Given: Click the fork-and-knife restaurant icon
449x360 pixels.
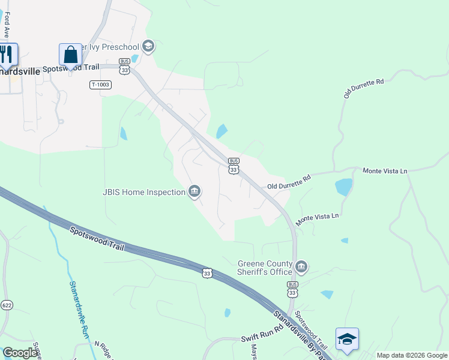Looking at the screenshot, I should (x=7, y=55).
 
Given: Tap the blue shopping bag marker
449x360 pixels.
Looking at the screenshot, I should (x=70, y=55).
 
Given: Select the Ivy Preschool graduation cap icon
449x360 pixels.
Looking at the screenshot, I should (x=148, y=46).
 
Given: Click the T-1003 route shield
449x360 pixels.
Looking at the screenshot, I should (x=101, y=85).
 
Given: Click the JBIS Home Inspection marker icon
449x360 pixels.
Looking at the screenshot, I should (x=194, y=192).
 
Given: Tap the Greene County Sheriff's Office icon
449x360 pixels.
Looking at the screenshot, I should (x=301, y=266).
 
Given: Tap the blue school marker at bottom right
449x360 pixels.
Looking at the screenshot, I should (x=347, y=340).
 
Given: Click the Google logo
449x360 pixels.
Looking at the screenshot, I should (x=20, y=353).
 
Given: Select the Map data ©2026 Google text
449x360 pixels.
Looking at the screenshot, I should (x=412, y=355).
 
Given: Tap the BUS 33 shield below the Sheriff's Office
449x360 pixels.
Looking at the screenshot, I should (x=292, y=289).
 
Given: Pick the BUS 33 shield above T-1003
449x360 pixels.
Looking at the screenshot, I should (x=124, y=66).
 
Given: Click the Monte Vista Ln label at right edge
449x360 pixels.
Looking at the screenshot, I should (x=385, y=171).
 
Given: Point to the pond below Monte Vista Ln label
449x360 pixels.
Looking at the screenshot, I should (x=344, y=187).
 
